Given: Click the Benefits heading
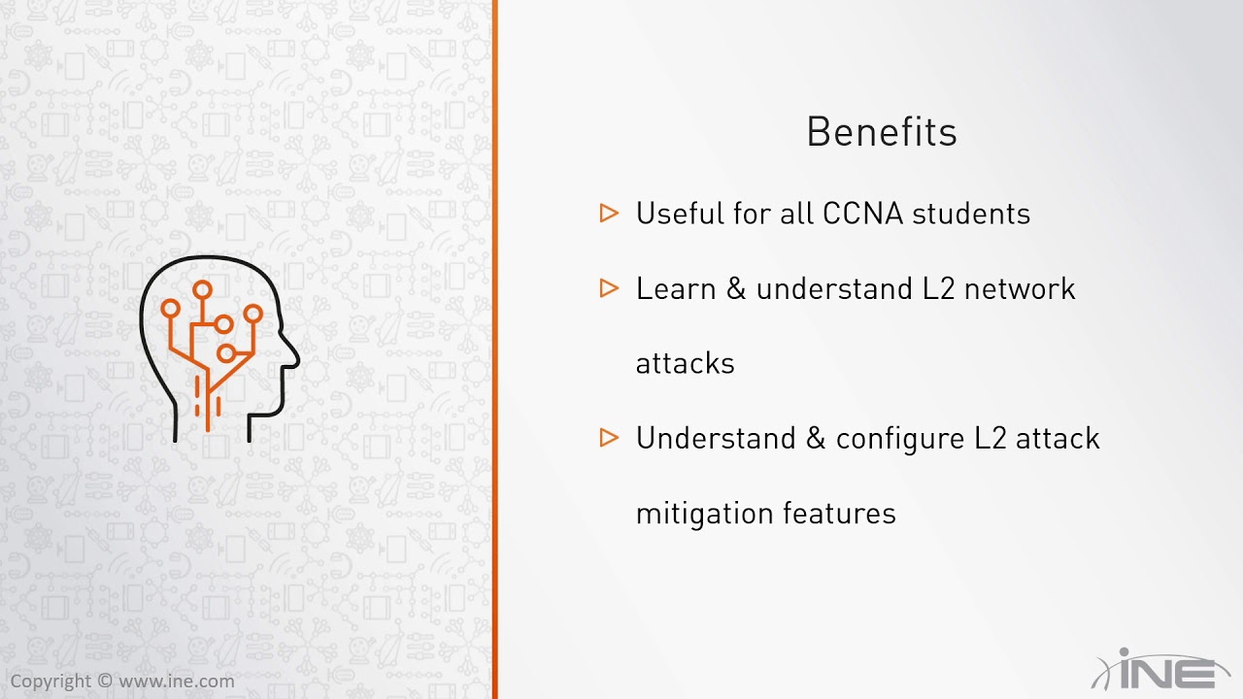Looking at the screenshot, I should pyautogui.click(x=882, y=132).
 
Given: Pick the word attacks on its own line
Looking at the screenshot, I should pyautogui.click(x=685, y=364).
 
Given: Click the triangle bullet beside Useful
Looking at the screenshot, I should pyautogui.click(x=609, y=213).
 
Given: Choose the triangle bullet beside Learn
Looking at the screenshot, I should pyautogui.click(x=609, y=287).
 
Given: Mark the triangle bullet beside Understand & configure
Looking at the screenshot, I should pyautogui.click(x=609, y=438).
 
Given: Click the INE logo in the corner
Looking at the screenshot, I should pyautogui.click(x=1160, y=670).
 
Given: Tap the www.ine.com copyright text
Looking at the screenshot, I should pyautogui.click(x=176, y=682).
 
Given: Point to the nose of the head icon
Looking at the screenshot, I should pyautogui.click(x=291, y=357).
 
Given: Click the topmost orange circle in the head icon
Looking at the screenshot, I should pyautogui.click(x=202, y=289).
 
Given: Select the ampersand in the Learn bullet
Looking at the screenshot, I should pyautogui.click(x=736, y=288).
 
